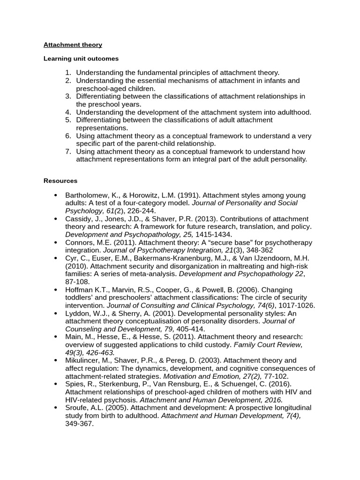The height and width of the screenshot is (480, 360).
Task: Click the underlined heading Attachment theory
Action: point(73,45)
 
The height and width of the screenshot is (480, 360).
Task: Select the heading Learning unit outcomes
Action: point(81,59)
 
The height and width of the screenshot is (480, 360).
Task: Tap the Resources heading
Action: point(60,180)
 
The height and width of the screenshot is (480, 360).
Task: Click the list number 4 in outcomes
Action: point(68,112)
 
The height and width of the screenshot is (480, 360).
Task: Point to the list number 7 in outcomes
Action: point(68,152)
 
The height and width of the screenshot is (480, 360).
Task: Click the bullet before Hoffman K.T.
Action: point(56,290)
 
